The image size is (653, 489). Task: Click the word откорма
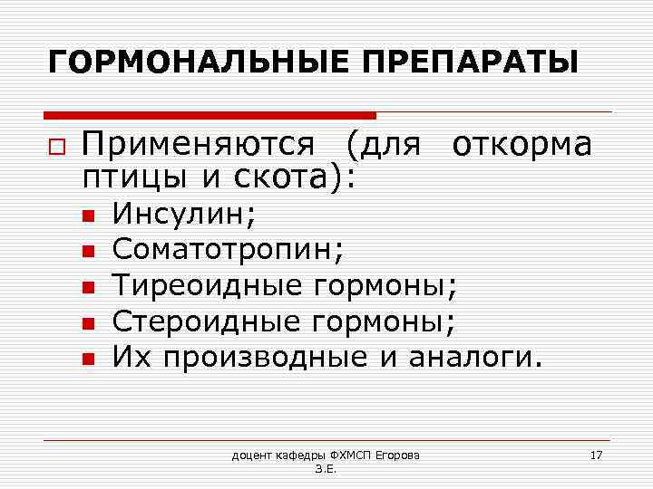coord(521,144)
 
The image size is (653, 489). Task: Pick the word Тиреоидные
coord(208,285)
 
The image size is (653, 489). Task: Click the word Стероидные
coord(208,321)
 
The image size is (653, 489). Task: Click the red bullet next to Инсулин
coord(87,216)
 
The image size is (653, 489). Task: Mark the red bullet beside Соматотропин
coord(87,251)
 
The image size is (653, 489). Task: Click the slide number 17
coord(596,454)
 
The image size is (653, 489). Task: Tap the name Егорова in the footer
coord(406,454)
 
